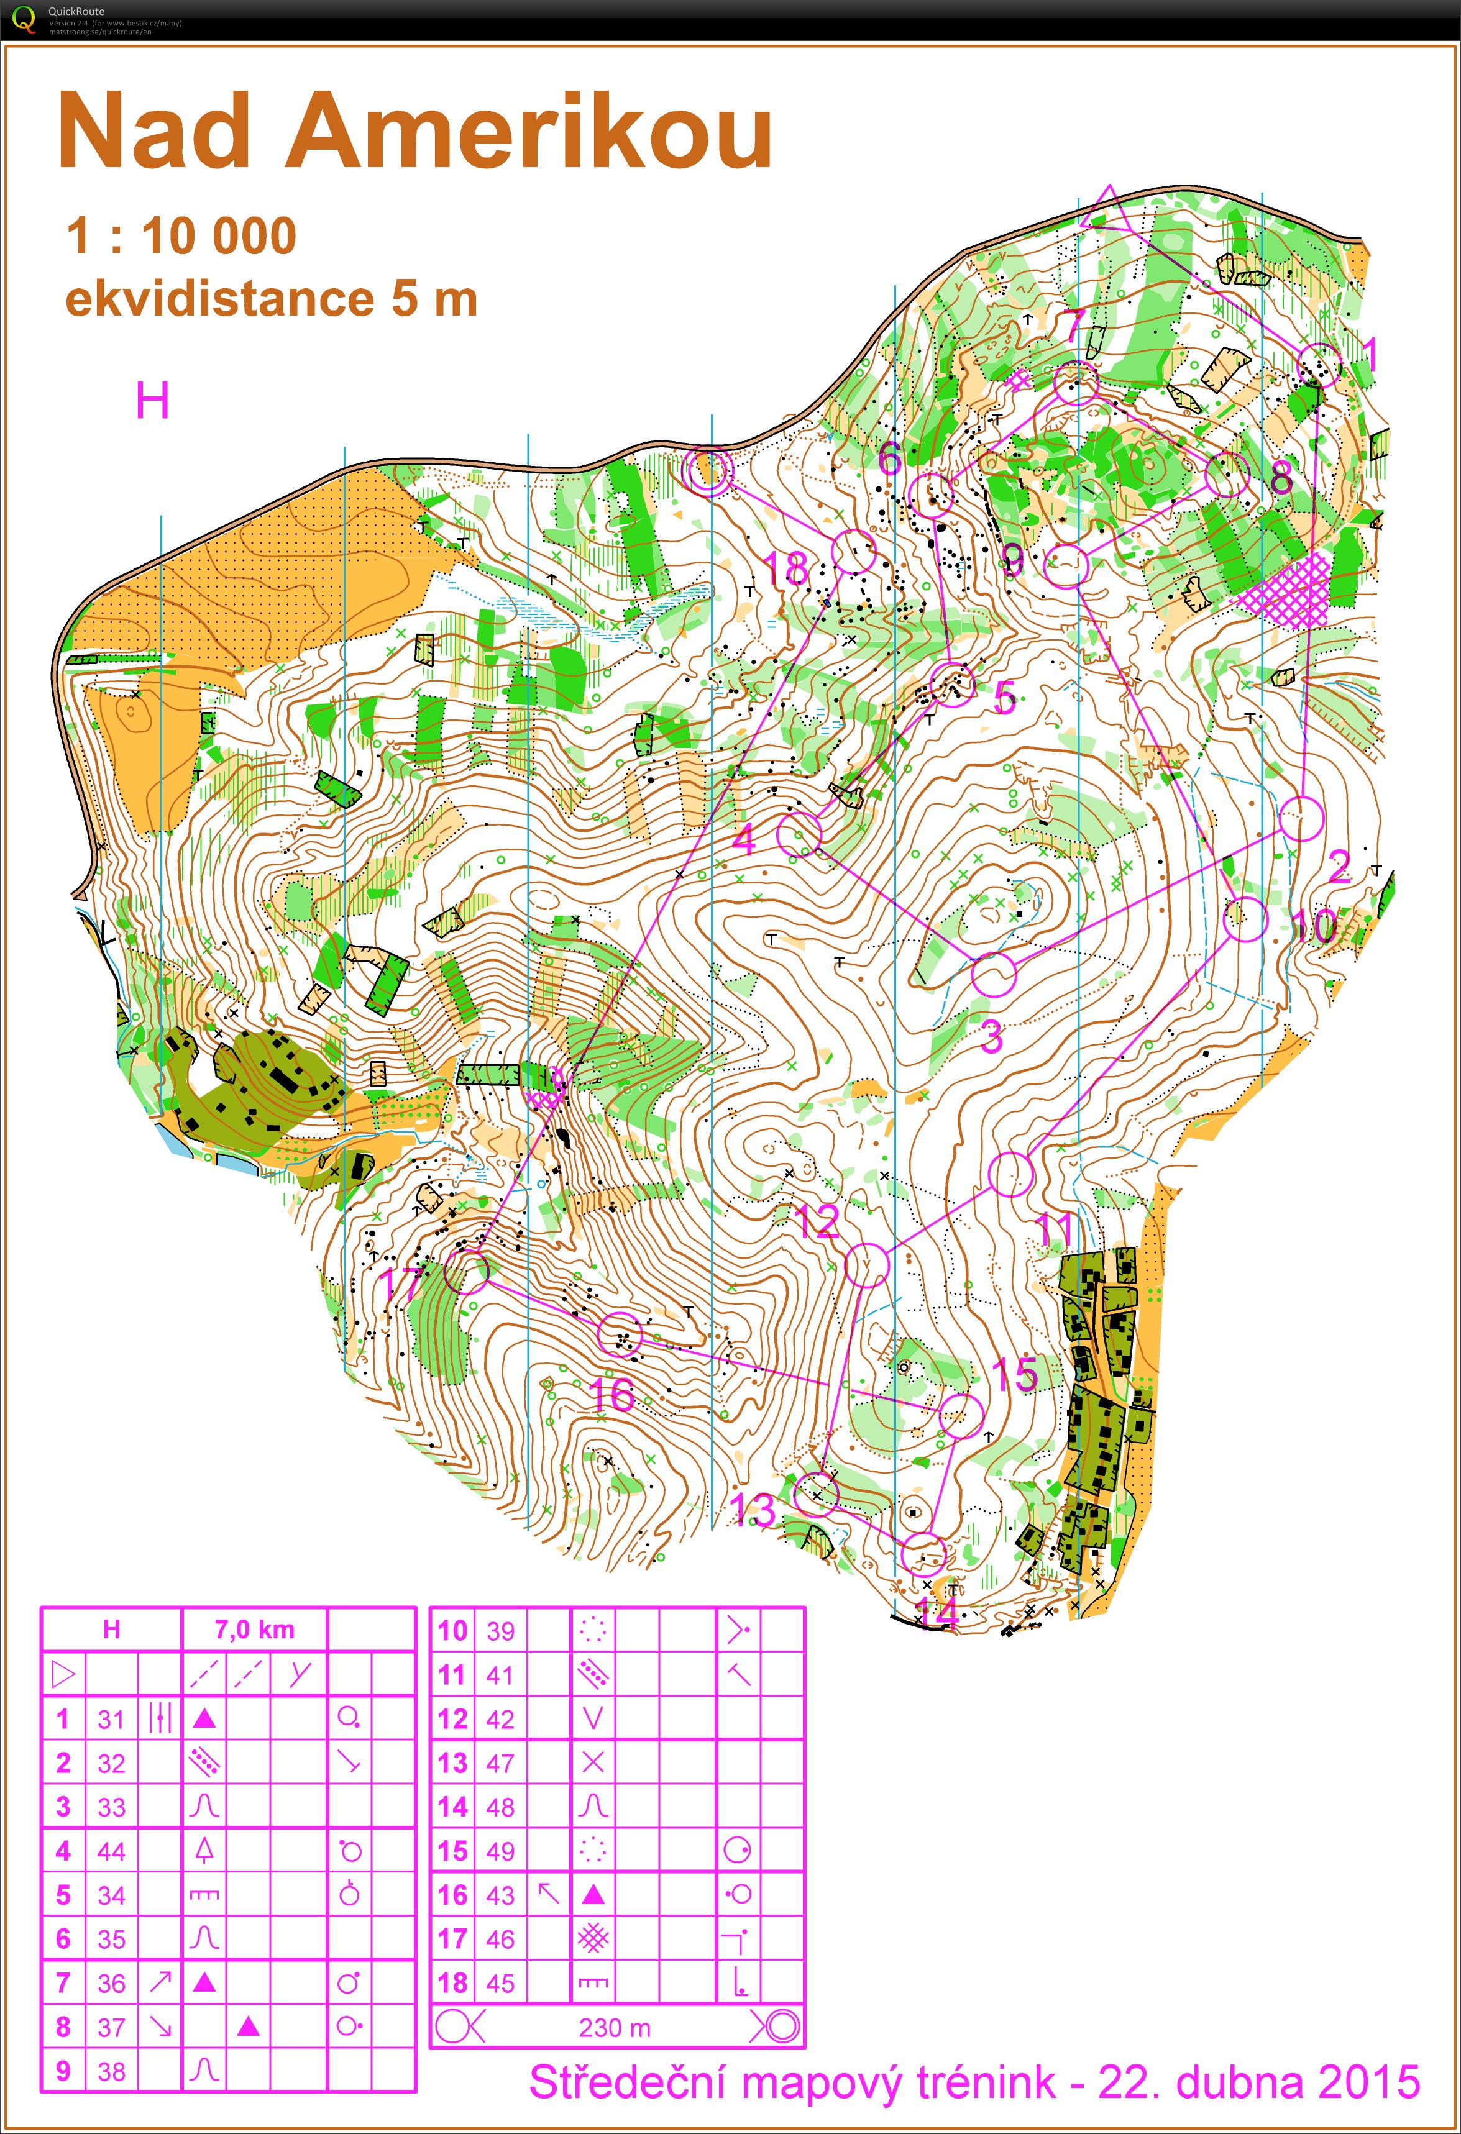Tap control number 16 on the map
(x=611, y=1395)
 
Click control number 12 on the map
(x=817, y=1222)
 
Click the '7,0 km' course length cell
(x=254, y=1630)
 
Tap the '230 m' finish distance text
(x=615, y=2028)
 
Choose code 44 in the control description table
(x=111, y=1851)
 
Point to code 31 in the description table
(x=111, y=1719)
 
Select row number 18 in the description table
(x=452, y=1984)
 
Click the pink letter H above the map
(x=152, y=401)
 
